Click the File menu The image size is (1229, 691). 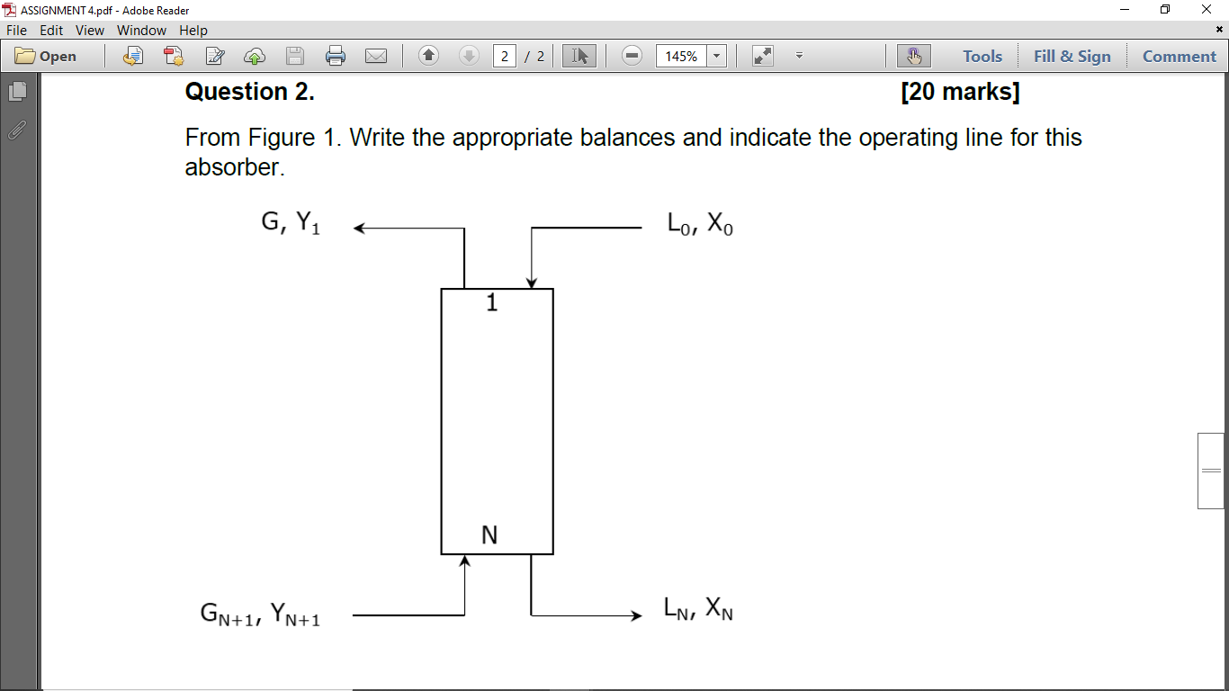(x=16, y=31)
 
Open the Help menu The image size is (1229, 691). (x=193, y=31)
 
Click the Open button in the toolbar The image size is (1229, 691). (x=47, y=56)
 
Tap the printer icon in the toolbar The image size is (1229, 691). (x=336, y=56)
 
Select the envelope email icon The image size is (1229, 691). (x=376, y=56)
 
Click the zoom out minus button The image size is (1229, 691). (x=632, y=56)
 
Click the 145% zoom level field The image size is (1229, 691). (x=681, y=56)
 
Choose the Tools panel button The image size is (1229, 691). (x=982, y=56)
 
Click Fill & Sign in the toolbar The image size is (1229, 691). (x=1072, y=56)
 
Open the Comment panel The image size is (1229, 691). (x=1179, y=56)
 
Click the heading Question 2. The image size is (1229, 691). (x=249, y=92)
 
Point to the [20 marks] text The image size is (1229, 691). (x=959, y=92)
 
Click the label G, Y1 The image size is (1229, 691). (x=291, y=222)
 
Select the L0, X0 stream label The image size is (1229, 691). (x=700, y=224)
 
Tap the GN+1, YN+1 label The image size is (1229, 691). (x=260, y=615)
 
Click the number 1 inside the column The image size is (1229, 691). (x=491, y=303)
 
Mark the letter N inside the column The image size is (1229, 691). (x=489, y=535)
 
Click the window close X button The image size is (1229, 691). (x=1207, y=9)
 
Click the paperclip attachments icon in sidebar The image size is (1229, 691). (x=17, y=130)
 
